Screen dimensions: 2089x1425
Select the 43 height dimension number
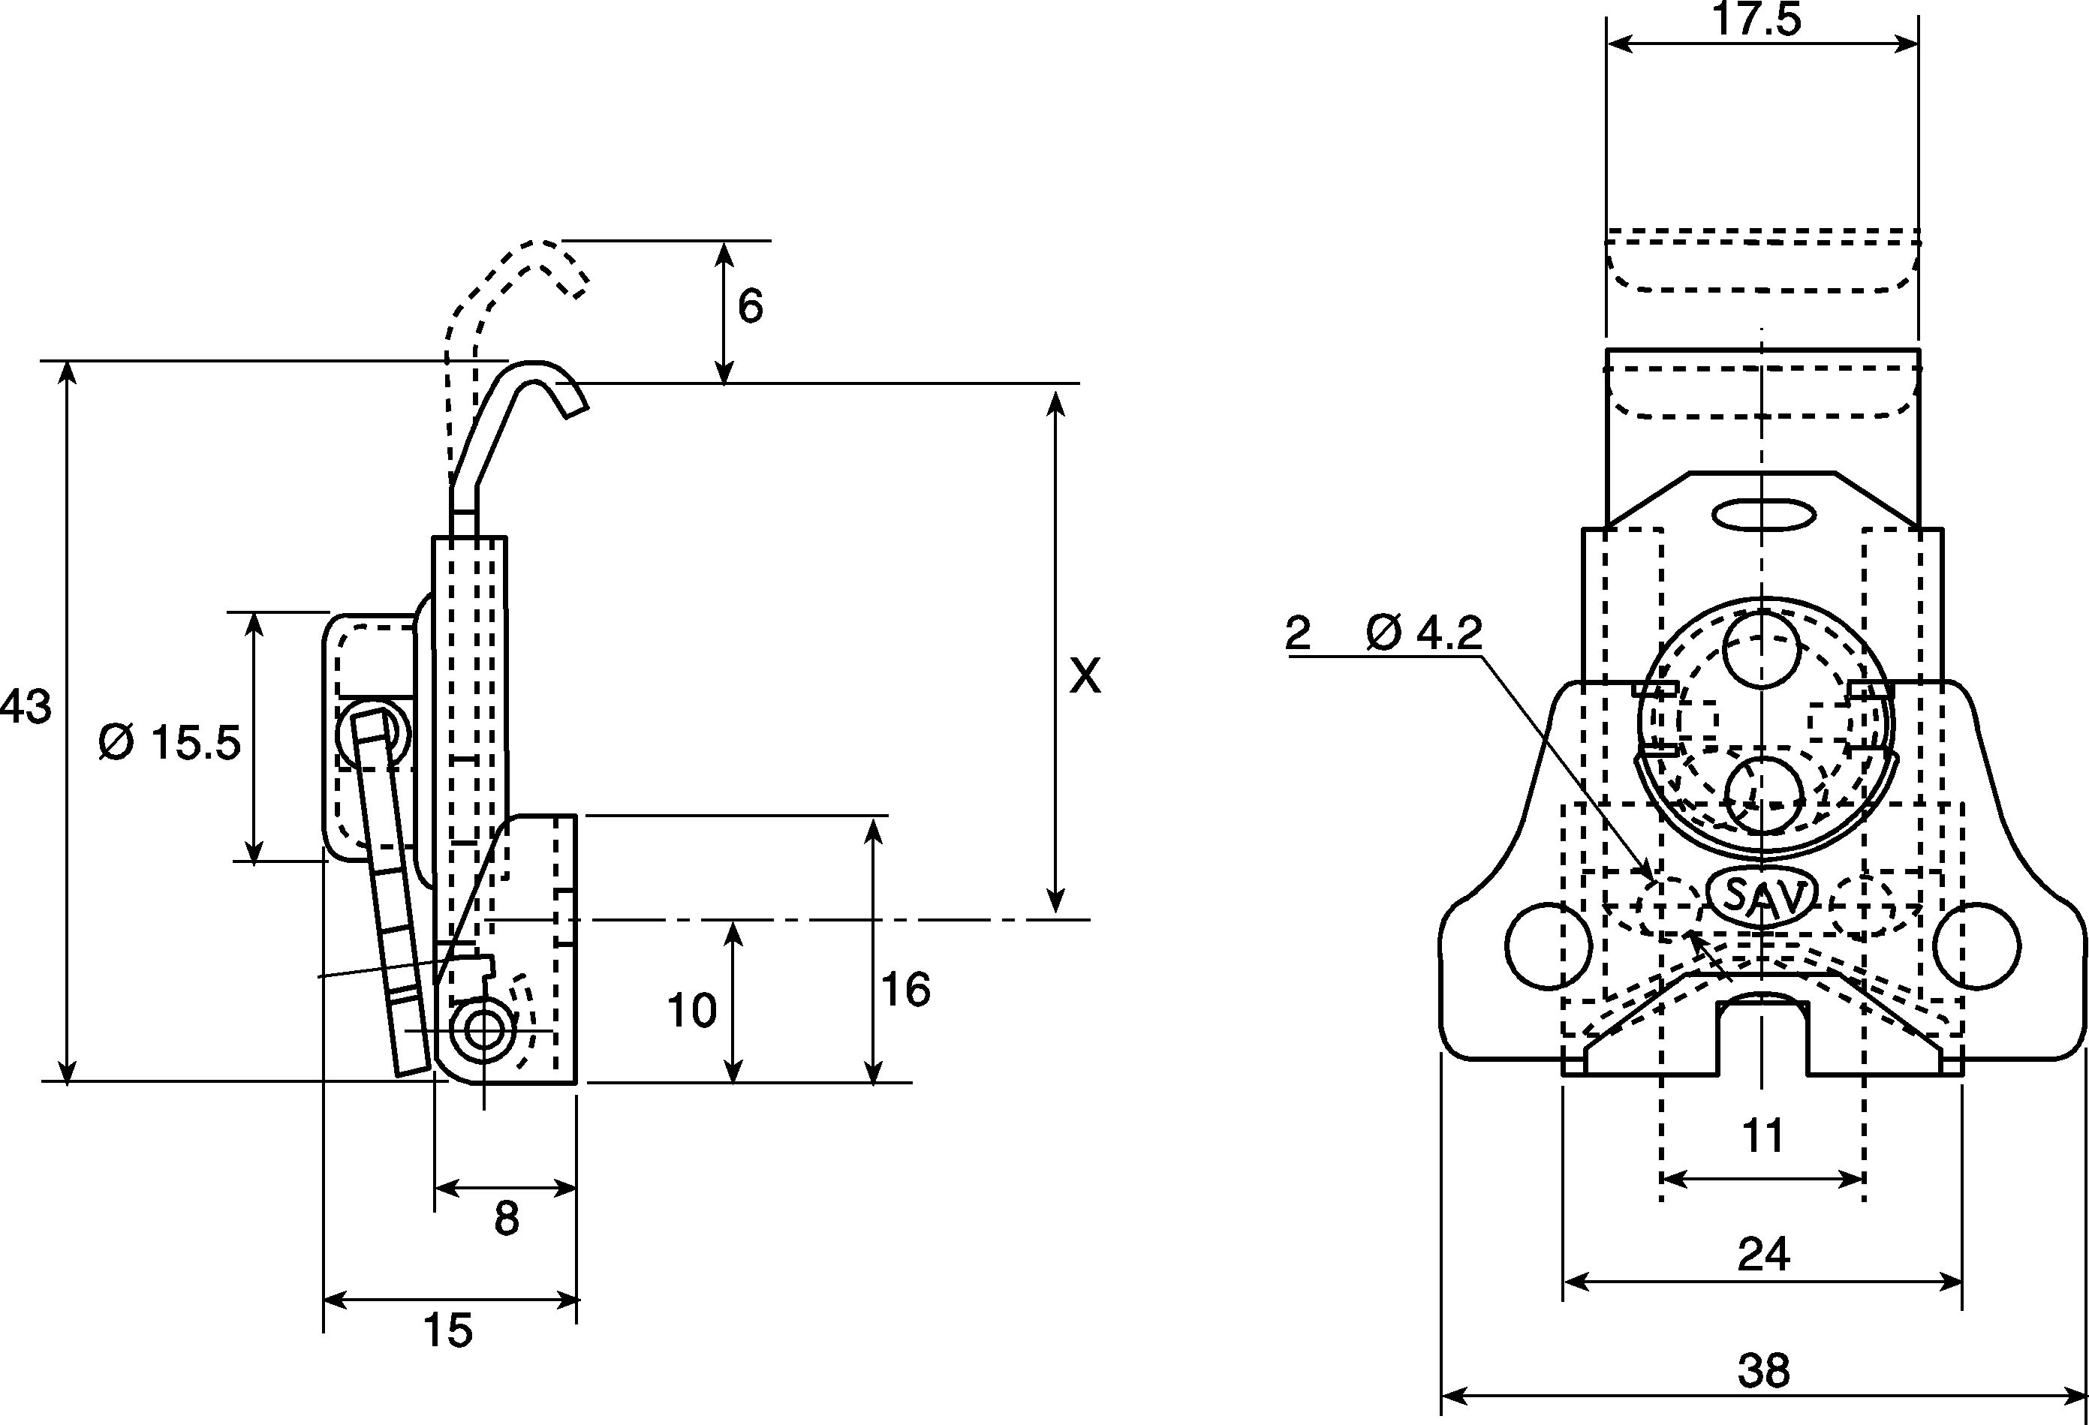26,707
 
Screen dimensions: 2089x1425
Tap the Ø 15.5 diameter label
170,742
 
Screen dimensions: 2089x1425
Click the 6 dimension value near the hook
750,306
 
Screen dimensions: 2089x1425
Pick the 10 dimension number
691,1011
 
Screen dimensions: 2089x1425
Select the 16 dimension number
905,990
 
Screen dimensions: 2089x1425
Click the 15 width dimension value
447,1330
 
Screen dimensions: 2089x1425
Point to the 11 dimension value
1762,1137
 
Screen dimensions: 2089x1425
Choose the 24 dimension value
1764,1253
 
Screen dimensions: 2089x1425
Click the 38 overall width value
1764,1371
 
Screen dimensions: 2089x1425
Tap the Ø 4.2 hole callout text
1424,633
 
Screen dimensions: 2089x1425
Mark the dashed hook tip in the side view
577,287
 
